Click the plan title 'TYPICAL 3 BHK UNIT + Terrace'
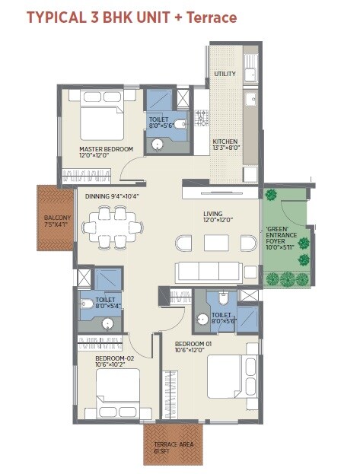(x=131, y=17)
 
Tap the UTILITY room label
(x=225, y=74)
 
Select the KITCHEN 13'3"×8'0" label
(x=226, y=145)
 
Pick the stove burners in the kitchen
(x=203, y=118)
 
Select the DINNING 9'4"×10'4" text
(x=113, y=196)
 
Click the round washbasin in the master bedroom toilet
(x=158, y=143)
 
